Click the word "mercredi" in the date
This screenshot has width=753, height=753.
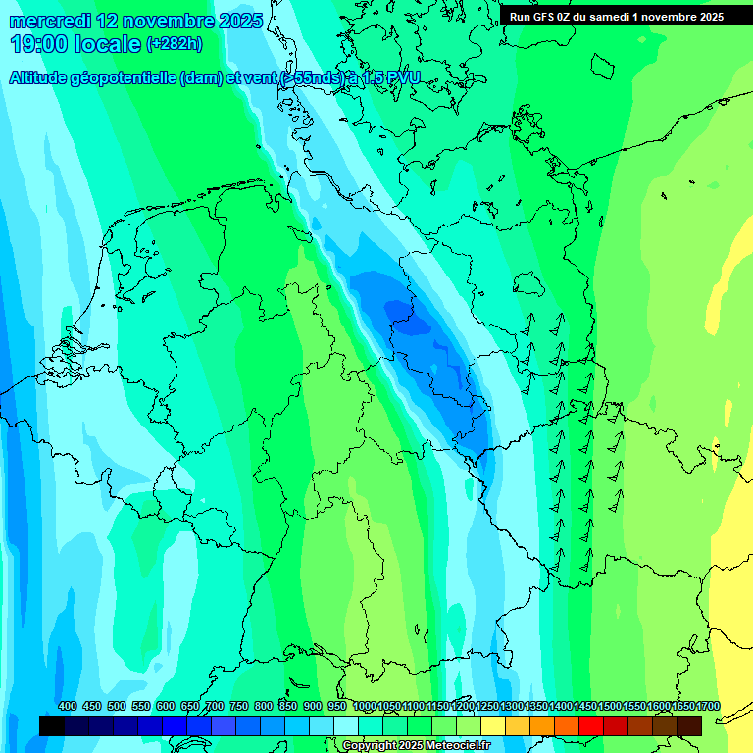pos(51,21)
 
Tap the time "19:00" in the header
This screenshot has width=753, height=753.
pos(40,44)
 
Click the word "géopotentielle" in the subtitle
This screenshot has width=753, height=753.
pos(125,78)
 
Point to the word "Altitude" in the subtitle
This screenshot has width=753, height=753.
pos(40,78)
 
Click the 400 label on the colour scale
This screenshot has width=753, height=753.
pos(68,707)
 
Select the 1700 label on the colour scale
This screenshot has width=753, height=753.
pos(708,707)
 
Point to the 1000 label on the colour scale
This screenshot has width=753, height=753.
pos(365,707)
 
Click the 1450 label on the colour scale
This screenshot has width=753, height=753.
pos(585,707)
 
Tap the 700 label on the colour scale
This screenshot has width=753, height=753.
pos(215,707)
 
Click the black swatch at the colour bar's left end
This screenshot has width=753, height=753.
pos(52,726)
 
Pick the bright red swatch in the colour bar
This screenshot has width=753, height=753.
pos(591,726)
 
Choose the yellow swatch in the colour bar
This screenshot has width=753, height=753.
pos(493,726)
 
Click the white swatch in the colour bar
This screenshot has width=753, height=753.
pos(346,726)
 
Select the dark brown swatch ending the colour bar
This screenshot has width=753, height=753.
pos(689,726)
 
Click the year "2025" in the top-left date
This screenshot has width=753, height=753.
pos(237,21)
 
